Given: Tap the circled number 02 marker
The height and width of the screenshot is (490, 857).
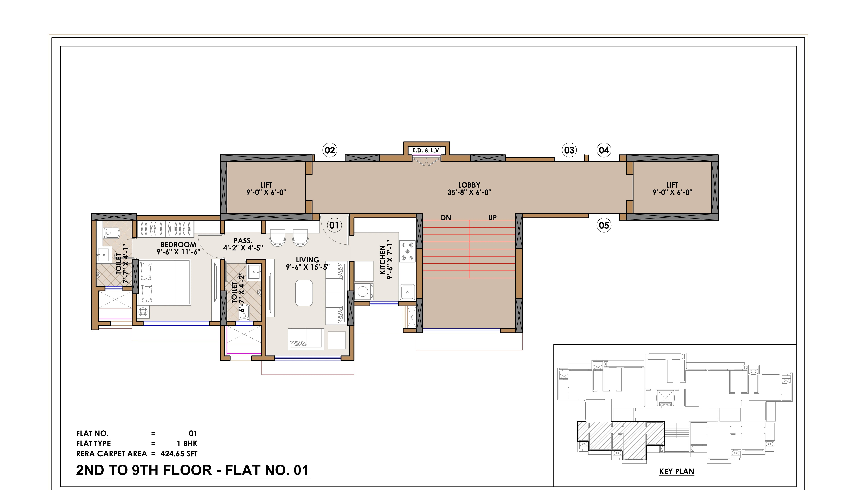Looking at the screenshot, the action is click(330, 150).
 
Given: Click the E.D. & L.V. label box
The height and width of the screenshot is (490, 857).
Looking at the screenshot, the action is click(427, 150).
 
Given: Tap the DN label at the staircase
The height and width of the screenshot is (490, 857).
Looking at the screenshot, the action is click(446, 218).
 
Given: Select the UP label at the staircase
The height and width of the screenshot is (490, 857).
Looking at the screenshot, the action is click(493, 218).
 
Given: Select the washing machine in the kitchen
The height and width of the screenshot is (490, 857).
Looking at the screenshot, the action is click(363, 291).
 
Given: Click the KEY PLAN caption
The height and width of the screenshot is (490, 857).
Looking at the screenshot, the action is click(677, 472).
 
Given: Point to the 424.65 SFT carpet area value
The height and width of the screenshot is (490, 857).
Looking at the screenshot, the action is click(179, 454).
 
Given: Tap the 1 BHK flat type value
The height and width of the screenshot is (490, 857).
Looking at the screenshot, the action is click(187, 444).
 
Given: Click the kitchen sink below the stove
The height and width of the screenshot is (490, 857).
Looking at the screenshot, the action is click(407, 292).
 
